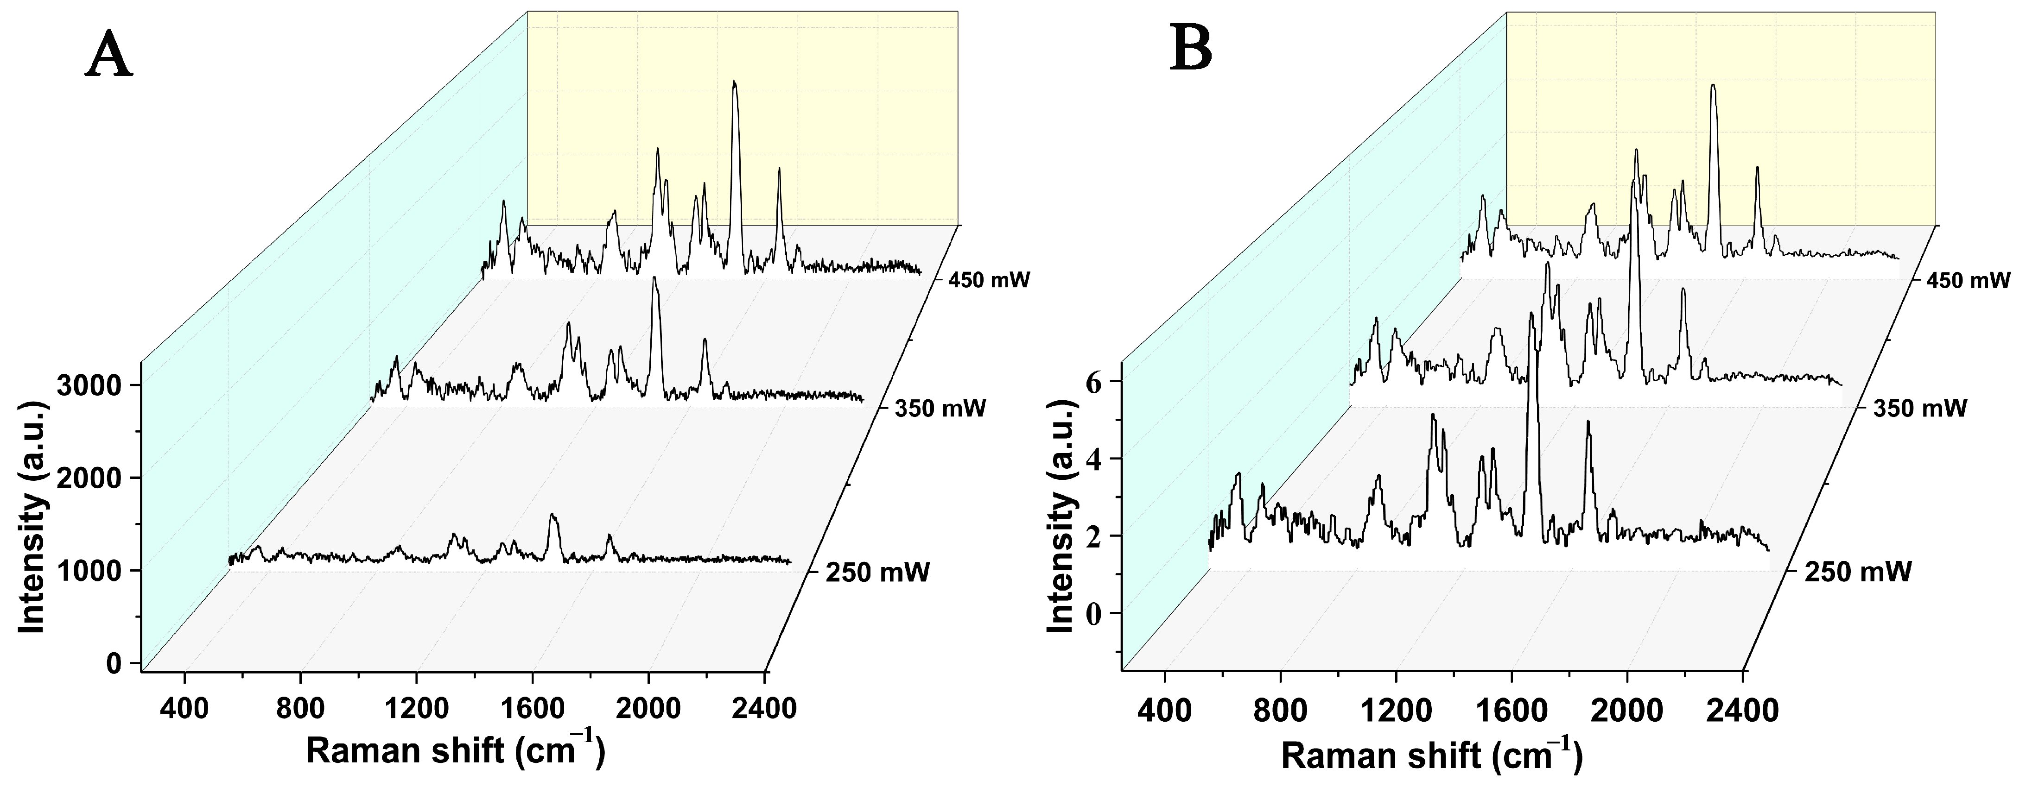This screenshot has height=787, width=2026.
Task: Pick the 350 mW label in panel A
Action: [x=940, y=409]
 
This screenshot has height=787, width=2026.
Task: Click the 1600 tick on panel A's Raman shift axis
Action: [x=533, y=708]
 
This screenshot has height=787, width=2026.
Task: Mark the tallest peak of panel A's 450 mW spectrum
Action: [x=735, y=82]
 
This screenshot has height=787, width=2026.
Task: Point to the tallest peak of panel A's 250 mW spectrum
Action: [x=553, y=516]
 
